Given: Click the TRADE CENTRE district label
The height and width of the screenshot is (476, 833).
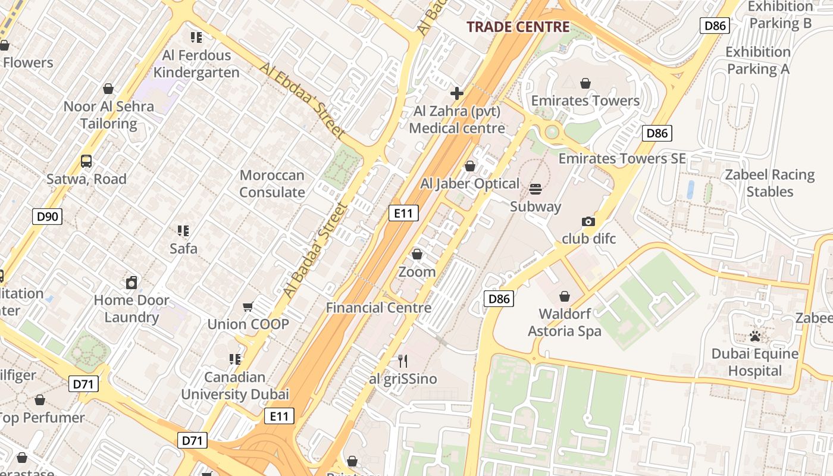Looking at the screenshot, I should (518, 27).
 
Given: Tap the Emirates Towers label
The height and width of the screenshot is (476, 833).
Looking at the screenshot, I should (585, 101).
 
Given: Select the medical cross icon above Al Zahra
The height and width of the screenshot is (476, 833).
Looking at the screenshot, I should (457, 93).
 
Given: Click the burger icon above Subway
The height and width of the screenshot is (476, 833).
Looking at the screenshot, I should (535, 189).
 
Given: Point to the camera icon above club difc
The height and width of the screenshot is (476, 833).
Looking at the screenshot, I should (588, 221).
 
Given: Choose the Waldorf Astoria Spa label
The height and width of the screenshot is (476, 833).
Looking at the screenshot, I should (565, 322).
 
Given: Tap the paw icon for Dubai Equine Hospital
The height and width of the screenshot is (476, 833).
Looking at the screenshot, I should (755, 337).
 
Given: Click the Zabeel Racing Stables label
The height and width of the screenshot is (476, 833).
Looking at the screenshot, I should (770, 183).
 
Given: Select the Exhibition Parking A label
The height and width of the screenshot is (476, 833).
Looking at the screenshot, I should (758, 61).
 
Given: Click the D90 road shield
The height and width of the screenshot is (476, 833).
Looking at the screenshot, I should (48, 217).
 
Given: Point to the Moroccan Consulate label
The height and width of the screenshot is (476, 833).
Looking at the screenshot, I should (272, 184).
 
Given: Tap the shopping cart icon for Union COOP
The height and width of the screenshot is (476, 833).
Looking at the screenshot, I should (248, 307).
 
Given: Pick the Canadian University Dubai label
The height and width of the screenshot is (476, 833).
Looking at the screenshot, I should (235, 386).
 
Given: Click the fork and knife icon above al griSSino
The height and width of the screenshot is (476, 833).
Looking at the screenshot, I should (403, 361).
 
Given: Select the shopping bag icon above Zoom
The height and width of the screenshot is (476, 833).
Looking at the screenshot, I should (417, 254).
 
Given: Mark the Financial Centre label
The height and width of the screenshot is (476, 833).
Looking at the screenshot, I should (378, 308).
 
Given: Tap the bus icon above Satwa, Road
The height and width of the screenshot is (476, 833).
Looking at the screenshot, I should (86, 161).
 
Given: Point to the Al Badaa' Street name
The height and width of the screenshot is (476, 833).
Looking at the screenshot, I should (315, 250).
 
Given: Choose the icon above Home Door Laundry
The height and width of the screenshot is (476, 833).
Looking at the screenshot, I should (131, 283).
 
